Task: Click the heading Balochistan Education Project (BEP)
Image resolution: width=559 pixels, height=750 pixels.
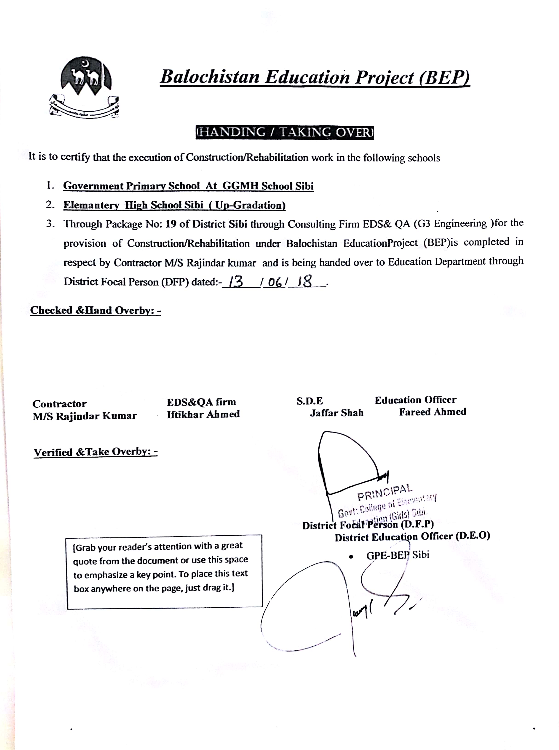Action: coord(315,77)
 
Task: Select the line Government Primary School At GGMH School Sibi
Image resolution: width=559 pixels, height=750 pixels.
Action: coord(188,186)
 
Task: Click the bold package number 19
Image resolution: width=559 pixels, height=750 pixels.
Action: coord(171,224)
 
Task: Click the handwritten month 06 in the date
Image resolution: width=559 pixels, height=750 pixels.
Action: coord(275,282)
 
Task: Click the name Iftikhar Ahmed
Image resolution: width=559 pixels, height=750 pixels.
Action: coord(203,414)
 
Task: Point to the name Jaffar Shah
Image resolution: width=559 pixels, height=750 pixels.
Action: coord(337,413)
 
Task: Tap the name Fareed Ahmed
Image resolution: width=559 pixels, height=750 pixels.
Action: coord(432,412)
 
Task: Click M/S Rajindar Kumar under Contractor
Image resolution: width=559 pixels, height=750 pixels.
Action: coord(85,416)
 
